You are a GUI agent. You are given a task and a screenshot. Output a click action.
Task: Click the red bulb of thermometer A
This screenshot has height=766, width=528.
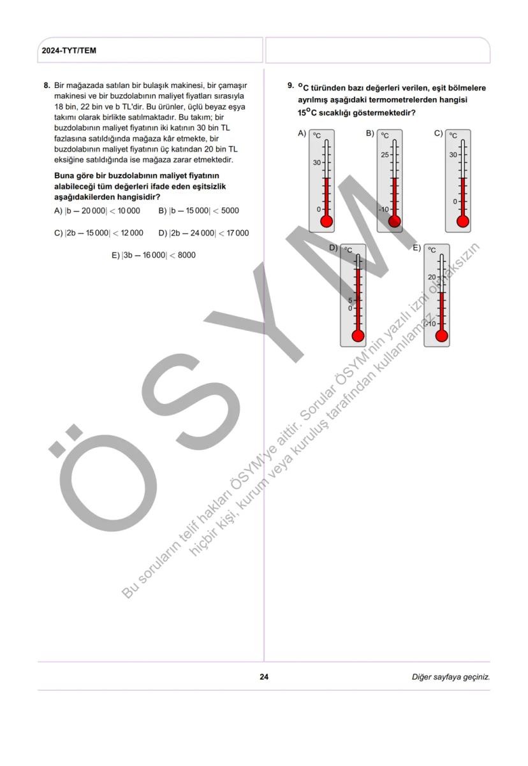[x=326, y=221]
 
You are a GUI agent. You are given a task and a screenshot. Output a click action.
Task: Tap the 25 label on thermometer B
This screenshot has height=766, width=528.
[x=385, y=155]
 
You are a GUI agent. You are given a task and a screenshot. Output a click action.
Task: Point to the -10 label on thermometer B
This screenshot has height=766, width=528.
[x=383, y=209]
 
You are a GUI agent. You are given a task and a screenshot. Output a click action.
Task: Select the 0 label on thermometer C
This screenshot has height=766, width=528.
[x=455, y=201]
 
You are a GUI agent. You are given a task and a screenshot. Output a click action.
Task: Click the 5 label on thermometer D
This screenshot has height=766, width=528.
[x=350, y=300]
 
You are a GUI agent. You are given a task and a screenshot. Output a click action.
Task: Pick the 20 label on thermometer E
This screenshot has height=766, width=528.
[x=432, y=277]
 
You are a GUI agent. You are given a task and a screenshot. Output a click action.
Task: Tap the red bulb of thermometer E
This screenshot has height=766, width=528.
[x=441, y=336]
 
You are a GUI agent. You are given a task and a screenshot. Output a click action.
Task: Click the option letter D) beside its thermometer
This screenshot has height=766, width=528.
[x=333, y=247]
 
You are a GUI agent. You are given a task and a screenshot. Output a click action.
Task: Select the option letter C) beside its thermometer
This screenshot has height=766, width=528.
[x=439, y=133]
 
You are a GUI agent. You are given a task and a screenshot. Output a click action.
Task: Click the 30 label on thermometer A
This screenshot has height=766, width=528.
[x=316, y=163]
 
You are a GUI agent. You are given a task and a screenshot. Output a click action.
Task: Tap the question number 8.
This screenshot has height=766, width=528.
[x=47, y=85]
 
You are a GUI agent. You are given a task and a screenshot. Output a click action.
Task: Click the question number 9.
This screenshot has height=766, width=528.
[x=290, y=85]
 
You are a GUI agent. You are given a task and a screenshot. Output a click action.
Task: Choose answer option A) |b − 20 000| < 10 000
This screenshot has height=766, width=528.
[x=97, y=211]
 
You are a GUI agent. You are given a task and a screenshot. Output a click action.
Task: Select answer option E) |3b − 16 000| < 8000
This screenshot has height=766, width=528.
[x=153, y=256]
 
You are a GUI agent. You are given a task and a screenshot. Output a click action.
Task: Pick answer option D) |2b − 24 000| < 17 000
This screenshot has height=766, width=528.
[x=203, y=233]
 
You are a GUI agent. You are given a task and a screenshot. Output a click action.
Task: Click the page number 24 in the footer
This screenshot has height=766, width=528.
[x=264, y=677]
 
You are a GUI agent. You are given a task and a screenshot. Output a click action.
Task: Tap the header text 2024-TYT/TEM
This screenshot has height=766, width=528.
[x=69, y=50]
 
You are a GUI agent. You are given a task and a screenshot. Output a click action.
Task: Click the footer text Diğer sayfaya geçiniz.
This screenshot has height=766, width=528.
[x=450, y=677]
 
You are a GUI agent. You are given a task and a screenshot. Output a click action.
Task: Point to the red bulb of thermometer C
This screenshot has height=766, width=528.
[x=463, y=221]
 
